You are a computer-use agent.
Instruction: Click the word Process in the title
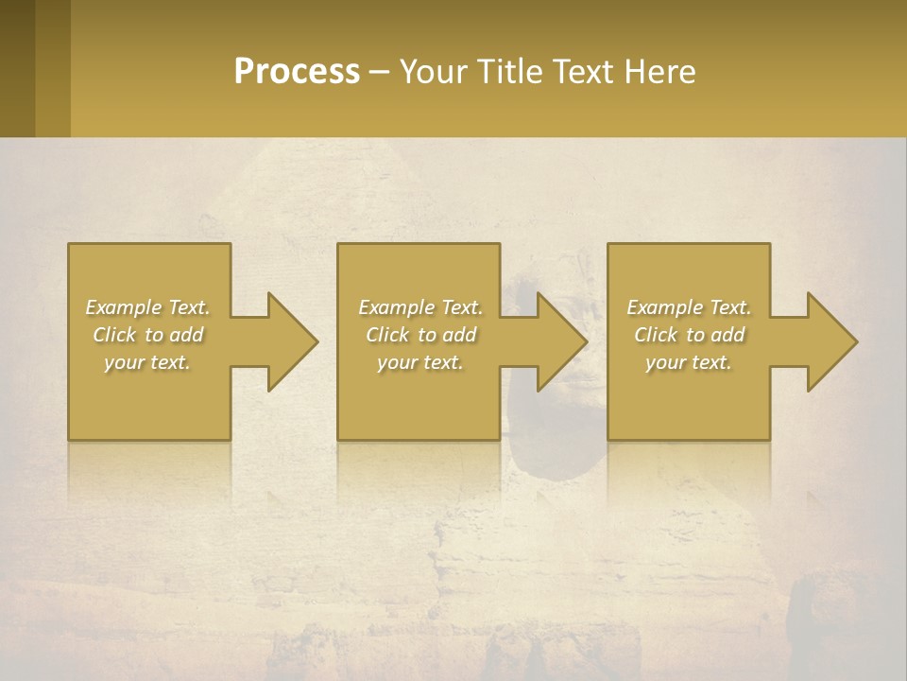click(297, 72)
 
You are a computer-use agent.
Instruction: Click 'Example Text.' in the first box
click(147, 307)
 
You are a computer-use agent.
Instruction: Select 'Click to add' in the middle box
click(420, 335)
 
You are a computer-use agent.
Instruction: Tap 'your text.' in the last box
click(689, 362)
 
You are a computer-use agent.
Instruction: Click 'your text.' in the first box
click(147, 362)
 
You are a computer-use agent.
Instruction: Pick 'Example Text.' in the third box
click(689, 307)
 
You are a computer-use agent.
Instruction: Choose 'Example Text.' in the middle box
click(420, 307)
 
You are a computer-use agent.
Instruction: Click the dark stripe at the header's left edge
click(17, 68)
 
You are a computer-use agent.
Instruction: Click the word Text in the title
click(582, 72)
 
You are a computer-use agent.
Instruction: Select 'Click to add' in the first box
click(147, 335)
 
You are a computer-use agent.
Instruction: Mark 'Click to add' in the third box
click(689, 335)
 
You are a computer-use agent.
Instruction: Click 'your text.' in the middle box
click(420, 362)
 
